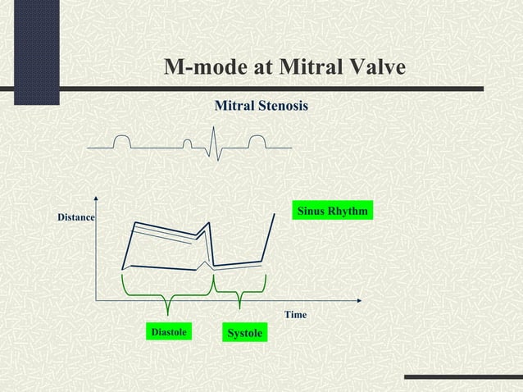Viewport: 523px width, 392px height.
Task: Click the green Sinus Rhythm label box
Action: pos(332,211)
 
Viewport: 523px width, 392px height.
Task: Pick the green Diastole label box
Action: pos(169,332)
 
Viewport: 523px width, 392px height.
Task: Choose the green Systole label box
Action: pos(244,333)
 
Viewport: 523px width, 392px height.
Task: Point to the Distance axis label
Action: pos(75,217)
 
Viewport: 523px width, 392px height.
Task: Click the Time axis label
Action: pos(295,315)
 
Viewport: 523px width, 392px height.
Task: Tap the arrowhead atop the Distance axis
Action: pos(97,198)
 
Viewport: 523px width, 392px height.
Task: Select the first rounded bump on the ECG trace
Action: pos(122,140)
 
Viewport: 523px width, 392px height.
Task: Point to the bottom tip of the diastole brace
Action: pos(167,313)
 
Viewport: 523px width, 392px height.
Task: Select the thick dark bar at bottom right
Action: pos(463,376)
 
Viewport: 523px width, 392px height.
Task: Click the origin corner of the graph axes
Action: pos(97,300)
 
